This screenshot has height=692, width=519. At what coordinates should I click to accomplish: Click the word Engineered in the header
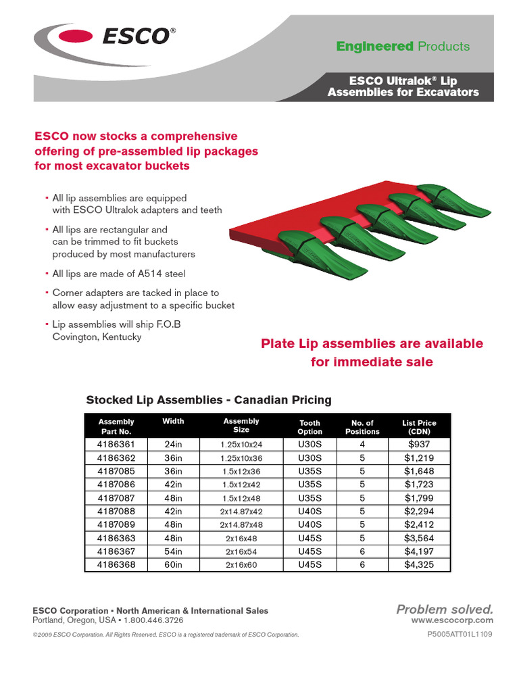tap(375, 47)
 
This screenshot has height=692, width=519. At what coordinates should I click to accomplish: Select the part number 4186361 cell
tap(116, 445)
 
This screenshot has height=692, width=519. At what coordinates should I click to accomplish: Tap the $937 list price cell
tap(418, 445)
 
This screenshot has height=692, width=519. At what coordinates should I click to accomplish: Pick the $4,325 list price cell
tap(418, 564)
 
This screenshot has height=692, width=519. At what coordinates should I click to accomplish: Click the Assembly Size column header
tap(241, 426)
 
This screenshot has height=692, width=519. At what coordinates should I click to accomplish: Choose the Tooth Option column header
tap(310, 427)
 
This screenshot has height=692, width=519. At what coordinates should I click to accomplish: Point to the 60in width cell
tap(173, 564)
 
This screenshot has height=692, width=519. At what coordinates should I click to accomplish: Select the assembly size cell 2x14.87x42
tap(241, 511)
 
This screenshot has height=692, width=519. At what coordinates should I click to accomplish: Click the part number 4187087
tap(116, 498)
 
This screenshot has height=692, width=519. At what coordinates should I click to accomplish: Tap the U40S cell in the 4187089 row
tap(310, 524)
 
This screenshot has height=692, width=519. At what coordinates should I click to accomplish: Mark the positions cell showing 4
tap(362, 445)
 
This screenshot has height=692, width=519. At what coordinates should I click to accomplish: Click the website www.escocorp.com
tap(452, 620)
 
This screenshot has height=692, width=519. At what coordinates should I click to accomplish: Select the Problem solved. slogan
tap(445, 610)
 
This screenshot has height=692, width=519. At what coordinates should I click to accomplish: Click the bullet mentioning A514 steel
tap(118, 274)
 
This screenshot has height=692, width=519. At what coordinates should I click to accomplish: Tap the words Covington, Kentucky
tap(97, 337)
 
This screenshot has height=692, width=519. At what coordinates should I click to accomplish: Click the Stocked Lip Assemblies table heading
tap(209, 400)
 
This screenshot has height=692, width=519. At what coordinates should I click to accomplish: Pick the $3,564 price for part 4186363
tap(418, 538)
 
